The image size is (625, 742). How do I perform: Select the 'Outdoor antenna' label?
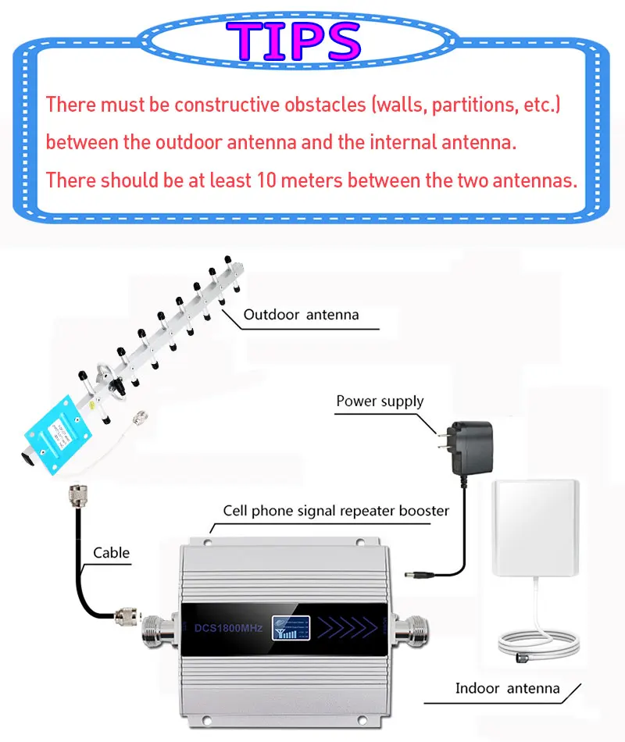coord(301,315)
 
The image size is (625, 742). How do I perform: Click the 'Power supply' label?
coord(380,401)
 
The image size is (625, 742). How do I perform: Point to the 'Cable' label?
coord(112,553)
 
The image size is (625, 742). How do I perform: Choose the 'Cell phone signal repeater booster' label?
coord(336,511)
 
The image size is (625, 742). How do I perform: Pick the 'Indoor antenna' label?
coord(508,688)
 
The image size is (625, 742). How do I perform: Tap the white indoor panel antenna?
coord(536,531)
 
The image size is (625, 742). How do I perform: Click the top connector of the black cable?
coord(78,495)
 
